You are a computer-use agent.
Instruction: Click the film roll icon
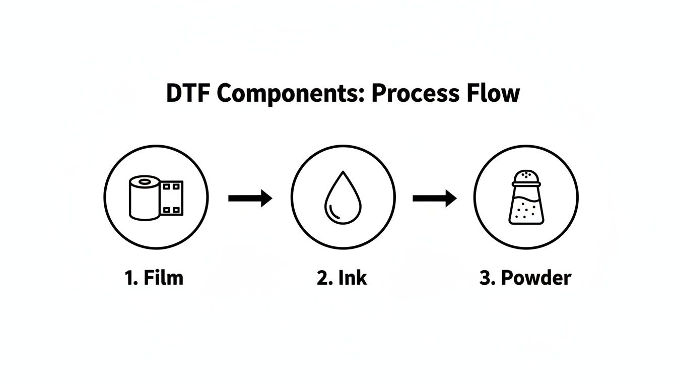pos(156,197)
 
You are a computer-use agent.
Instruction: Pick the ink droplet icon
pos(343,198)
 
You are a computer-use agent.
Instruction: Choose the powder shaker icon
pos(525,197)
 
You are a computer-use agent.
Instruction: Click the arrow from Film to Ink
pos(250,198)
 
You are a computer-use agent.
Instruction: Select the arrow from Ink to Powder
pos(434,198)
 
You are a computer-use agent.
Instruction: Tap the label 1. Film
pos(154,278)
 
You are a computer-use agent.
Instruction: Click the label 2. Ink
pos(342,278)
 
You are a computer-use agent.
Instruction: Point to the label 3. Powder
pos(525,278)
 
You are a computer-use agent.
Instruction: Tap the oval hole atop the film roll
pos(145,181)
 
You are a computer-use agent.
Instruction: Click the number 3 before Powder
pos(485,278)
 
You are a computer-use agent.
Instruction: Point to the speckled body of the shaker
pos(525,209)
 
